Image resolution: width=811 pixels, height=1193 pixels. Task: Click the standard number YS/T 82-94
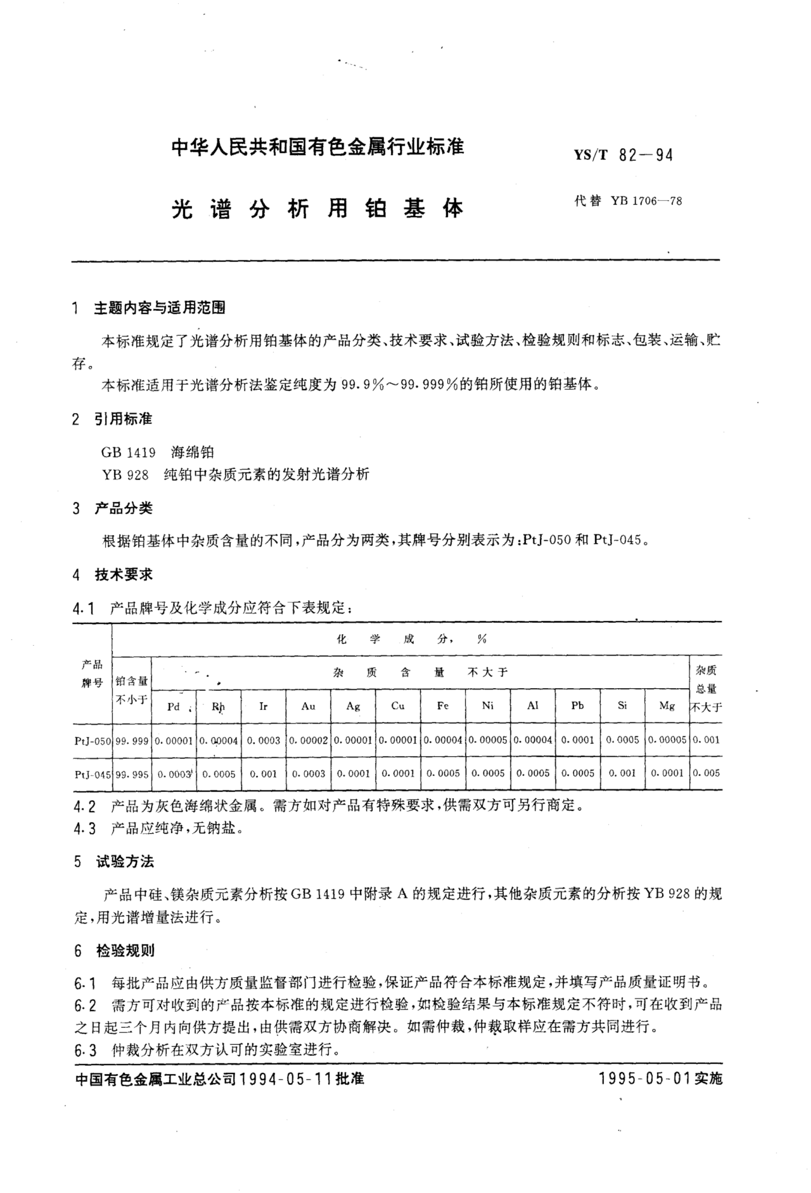623,155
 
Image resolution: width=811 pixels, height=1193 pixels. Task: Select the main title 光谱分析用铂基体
318,208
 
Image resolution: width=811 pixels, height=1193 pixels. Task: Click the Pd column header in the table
173,706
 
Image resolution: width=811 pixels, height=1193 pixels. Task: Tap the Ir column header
263,706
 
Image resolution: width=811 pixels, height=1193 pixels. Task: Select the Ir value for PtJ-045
263,774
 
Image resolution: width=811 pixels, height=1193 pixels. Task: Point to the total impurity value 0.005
706,773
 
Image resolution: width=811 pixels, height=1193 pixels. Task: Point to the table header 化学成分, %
410,639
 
